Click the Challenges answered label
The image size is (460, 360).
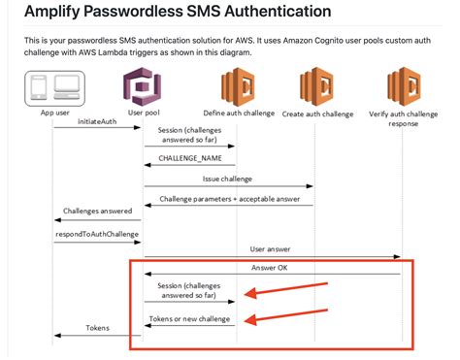coord(97,211)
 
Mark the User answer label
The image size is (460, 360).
coord(271,249)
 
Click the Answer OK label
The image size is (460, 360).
coord(271,268)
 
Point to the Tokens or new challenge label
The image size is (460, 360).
coord(190,319)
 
